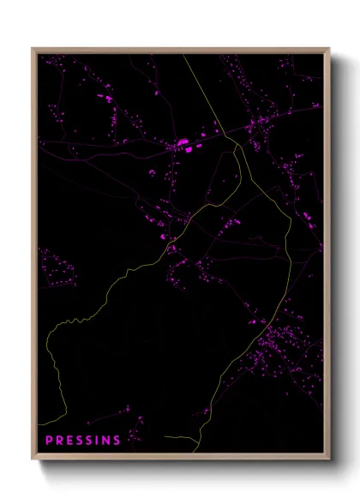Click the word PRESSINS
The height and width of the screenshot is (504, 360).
click(82, 441)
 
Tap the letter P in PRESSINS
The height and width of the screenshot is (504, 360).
click(48, 441)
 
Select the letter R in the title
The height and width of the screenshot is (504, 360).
click(58, 441)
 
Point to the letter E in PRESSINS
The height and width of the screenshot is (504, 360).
click(69, 441)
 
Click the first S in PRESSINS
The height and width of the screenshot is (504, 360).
click(79, 441)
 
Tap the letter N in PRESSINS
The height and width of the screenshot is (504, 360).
click(106, 441)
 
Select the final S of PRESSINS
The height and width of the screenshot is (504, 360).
click(117, 441)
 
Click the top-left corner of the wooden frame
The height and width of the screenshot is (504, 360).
click(33, 49)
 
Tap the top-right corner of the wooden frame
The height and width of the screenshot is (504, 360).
click(329, 49)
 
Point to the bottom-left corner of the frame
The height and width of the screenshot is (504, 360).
click(33, 460)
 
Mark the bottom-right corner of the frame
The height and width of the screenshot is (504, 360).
click(329, 460)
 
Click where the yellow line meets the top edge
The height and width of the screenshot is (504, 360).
click(183, 54)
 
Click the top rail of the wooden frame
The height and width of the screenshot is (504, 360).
click(181, 50)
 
